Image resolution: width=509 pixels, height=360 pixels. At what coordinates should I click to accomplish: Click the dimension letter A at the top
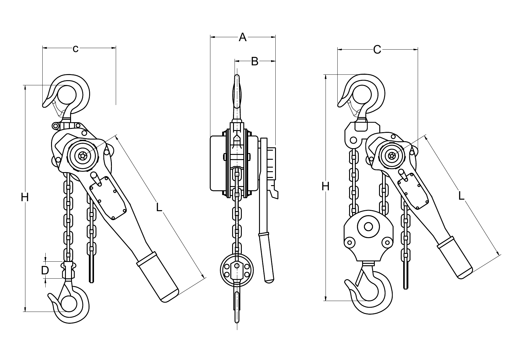pos(242,37)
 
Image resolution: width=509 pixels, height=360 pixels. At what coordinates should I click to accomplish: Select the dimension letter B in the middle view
pos(254,61)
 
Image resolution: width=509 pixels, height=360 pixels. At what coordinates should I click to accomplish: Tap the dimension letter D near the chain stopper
pos(45,270)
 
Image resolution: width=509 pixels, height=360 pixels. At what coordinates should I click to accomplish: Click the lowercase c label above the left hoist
pos(76,48)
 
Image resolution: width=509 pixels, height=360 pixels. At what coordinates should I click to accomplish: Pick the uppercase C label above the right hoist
pos(377,49)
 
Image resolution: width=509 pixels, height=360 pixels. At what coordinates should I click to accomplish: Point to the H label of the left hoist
pos(25,198)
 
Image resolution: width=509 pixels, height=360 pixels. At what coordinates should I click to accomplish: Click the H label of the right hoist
pos(325,187)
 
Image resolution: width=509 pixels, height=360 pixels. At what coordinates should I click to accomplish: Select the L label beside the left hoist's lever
pos(159,207)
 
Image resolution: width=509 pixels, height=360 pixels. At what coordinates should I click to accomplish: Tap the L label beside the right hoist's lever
pos(461,196)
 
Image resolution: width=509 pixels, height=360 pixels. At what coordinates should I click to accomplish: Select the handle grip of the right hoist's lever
pos(455,257)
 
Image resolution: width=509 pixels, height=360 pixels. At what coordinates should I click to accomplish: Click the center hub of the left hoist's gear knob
pos(82,156)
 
